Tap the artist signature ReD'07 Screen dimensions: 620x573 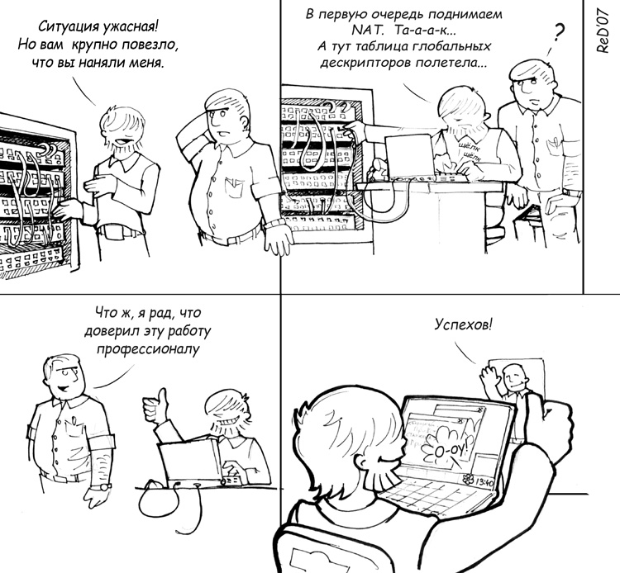tap(602, 30)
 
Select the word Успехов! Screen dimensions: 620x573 tap(464, 325)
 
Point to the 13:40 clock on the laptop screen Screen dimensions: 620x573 tap(484, 482)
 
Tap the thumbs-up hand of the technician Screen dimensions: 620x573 tap(155, 406)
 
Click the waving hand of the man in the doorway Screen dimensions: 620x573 tap(489, 378)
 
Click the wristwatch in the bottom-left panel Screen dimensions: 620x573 tap(106, 486)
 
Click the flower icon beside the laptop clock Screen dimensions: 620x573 tap(468, 479)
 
